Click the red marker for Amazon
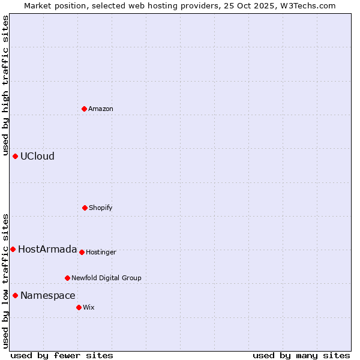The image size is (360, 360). coord(85,109)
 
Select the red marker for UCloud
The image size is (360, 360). coord(16,156)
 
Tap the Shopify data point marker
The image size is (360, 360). coord(85,208)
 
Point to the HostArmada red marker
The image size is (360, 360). coord(13,249)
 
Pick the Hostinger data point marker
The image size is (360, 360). coord(82,252)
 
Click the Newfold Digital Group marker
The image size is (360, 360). coord(68,278)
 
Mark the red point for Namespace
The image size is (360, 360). coord(16,295)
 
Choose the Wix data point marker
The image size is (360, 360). coord(79,307)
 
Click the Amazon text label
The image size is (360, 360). coord(101,109)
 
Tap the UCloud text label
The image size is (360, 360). coord(37,156)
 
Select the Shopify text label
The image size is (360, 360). coord(101,208)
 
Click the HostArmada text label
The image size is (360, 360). coord(47,249)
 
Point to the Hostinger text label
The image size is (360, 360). coord(101,252)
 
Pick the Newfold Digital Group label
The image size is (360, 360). coord(106,278)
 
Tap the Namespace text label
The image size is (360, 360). coord(48,295)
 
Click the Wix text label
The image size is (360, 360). coord(89,307)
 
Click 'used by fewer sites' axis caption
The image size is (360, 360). coord(62,355)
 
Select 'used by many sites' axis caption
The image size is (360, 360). coord(301,355)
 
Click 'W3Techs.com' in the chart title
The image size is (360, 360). coord(310,5)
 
